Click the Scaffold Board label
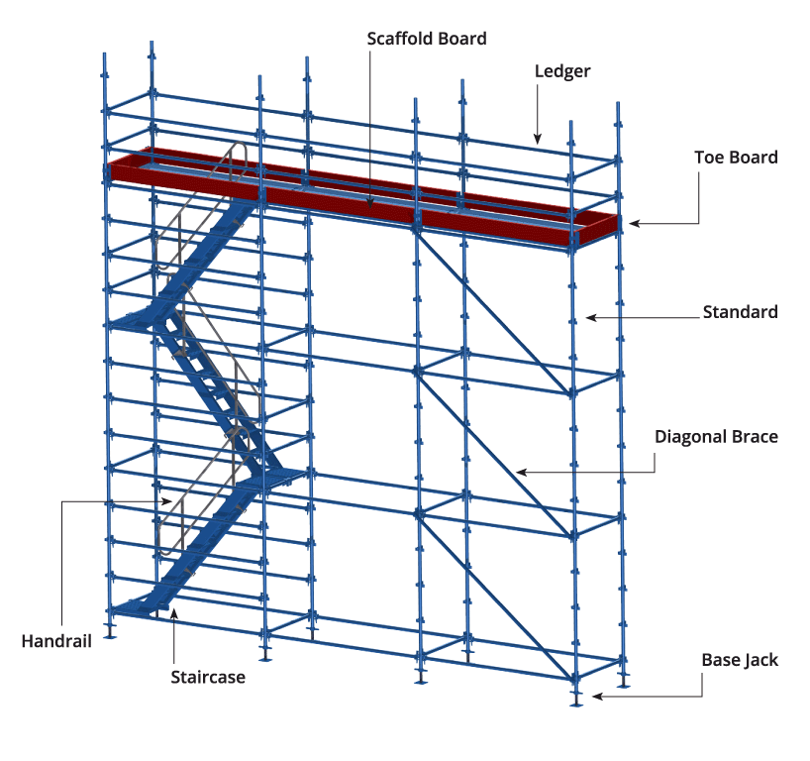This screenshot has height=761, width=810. tap(427, 39)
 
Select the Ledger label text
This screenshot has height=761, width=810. tap(562, 72)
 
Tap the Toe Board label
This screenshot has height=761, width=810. tap(736, 158)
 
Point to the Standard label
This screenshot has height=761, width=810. tap(741, 312)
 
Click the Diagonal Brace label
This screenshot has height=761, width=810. tap(717, 437)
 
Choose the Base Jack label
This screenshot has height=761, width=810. tap(740, 660)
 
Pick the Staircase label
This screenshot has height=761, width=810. tap(208, 677)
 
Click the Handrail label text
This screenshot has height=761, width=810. tap(56, 641)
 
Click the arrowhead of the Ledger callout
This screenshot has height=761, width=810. tap(538, 139)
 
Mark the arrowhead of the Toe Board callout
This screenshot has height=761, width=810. tap(635, 223)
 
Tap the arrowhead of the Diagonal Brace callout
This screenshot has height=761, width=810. tap(522, 472)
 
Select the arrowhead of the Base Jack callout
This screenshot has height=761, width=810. tap(598, 697)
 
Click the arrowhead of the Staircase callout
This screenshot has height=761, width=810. tap(174, 613)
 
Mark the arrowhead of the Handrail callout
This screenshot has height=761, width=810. tap(166, 501)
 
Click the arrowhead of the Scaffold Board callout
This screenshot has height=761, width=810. tap(370, 203)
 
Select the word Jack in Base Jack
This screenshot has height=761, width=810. tap(760, 660)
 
